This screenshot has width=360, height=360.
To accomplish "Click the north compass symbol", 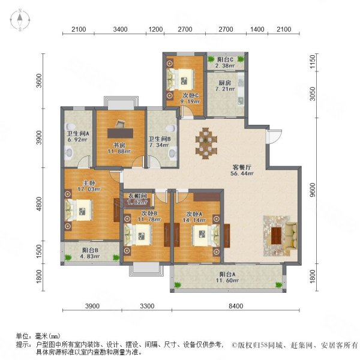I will click(x=20, y=20).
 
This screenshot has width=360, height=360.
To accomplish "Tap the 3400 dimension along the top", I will click(x=120, y=29).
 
